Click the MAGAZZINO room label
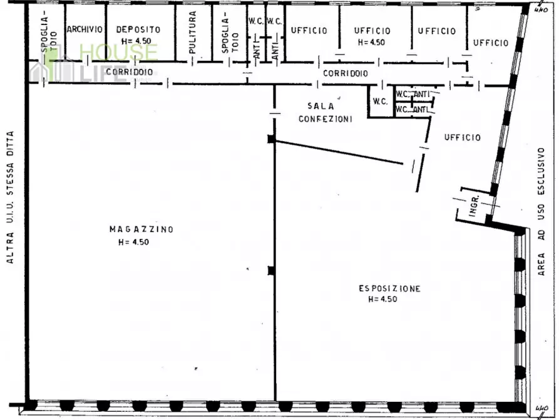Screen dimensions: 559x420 (141, 229)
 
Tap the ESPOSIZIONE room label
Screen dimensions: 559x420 (389, 288)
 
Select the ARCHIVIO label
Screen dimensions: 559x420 (85, 29)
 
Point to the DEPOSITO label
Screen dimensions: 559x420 (138, 29)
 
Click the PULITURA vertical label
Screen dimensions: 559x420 (193, 33)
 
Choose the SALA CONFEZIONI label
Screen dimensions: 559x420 (325, 112)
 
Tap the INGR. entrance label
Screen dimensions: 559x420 (474, 206)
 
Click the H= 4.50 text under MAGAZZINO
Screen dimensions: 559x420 (134, 242)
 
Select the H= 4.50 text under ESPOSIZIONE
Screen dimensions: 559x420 (382, 299)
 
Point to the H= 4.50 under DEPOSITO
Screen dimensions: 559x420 (136, 41)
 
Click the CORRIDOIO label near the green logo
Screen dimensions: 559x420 (130, 72)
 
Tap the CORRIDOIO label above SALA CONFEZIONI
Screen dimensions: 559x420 (346, 73)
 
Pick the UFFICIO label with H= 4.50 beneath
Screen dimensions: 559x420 (372, 31)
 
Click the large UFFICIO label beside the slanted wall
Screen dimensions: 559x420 (463, 137)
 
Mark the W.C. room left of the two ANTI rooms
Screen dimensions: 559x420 (381, 102)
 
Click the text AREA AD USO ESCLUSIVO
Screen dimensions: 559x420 (541, 211)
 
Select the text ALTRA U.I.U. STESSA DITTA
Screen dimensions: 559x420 (10, 197)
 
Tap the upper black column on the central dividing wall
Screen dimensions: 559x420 (272, 139)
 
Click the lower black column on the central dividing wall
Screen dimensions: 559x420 (272, 271)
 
